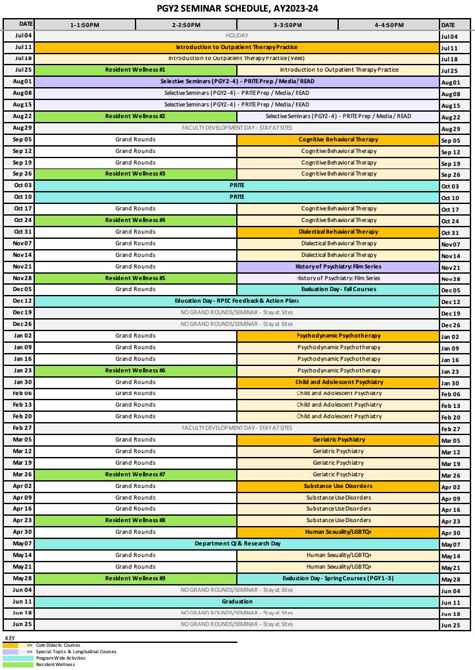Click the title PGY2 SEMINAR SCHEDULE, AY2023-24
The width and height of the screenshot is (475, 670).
[x=237, y=8]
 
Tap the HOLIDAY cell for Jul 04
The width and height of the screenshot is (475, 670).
[x=236, y=36]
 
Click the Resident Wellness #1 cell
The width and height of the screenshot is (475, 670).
[x=136, y=70]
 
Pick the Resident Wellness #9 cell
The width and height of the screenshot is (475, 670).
[x=136, y=578]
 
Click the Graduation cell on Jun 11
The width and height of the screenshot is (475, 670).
[x=236, y=602]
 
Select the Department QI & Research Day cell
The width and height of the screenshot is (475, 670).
[x=236, y=543]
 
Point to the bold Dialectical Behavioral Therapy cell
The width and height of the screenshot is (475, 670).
[x=338, y=232]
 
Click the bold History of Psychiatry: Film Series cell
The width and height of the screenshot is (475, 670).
[x=338, y=267]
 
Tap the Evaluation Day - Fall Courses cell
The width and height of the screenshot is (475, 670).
[x=338, y=290]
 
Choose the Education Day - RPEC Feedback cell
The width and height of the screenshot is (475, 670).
[x=236, y=301]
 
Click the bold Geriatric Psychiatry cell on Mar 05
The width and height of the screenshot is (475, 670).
[x=338, y=440]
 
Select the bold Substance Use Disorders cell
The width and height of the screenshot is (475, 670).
[x=338, y=486]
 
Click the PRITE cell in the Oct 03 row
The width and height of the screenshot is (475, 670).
[x=236, y=185]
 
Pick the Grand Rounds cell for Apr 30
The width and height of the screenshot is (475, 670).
[x=136, y=532]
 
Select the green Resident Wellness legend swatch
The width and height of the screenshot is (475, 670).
[x=18, y=664]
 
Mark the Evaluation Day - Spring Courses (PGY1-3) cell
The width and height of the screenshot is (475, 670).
[x=338, y=578]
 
